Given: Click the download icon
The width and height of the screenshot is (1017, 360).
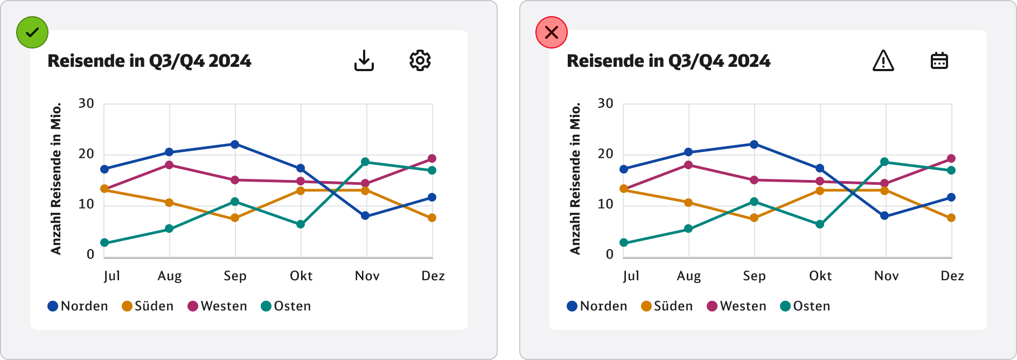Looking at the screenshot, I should point(364,60).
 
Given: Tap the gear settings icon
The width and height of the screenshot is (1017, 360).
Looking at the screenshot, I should point(420,60).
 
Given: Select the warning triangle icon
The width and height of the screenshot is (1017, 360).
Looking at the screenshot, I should point(883,60).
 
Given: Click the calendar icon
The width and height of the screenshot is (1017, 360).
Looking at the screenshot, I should point(939,60).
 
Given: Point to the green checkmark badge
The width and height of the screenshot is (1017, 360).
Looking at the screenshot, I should point(32,32).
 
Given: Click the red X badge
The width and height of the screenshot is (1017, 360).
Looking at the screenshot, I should point(552,32).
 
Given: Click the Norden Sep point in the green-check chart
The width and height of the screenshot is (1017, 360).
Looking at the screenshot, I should point(235,144).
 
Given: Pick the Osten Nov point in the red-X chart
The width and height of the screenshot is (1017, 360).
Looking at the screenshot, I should point(884,162).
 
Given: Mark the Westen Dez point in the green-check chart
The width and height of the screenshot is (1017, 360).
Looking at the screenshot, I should point(432,158).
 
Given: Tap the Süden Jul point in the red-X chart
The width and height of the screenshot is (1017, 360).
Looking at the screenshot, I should point(624,189).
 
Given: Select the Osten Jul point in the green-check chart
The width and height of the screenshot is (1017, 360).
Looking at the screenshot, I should point(105,243).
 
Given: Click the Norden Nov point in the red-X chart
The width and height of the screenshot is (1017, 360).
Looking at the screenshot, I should point(884,216).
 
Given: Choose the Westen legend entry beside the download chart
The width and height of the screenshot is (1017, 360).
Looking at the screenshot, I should point(218,306).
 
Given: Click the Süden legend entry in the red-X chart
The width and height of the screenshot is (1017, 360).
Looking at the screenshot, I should point(667,306).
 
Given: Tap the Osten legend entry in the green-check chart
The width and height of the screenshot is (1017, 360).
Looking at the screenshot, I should point(286,306).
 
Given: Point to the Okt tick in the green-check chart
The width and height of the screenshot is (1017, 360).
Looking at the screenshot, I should point(301,276).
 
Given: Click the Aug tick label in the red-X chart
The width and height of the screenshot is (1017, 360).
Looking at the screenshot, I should point(689,276).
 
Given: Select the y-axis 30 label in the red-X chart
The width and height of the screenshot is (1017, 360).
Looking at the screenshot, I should point(605,103).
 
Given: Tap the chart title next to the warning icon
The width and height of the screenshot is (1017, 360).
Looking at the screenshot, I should point(668,61).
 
